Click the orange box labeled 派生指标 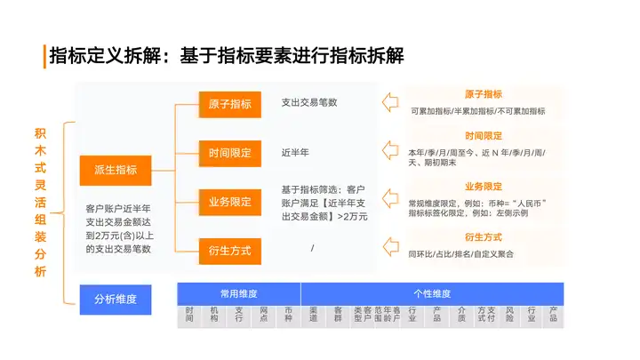point(115,169)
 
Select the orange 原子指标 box point(229,103)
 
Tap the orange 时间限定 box point(229,152)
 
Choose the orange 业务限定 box point(229,201)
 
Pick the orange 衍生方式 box point(229,250)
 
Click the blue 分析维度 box point(115,299)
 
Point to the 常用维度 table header point(238,292)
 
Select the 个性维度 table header point(432,292)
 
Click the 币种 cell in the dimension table point(288,316)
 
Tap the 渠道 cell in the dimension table point(313,316)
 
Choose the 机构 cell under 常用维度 point(214,316)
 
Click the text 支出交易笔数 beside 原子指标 point(308,102)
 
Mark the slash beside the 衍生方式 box point(313,247)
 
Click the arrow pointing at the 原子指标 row point(389,102)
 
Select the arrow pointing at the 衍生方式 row point(389,245)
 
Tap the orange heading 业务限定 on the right point(484,187)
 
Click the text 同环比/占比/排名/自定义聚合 point(460,254)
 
